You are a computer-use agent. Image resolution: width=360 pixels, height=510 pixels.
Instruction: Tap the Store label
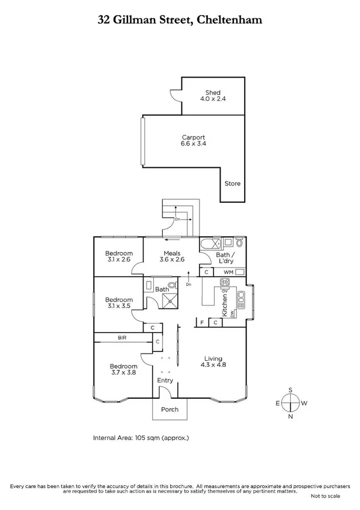[x=232, y=183]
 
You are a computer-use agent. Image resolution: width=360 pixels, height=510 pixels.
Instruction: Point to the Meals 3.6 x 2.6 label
[x=171, y=256]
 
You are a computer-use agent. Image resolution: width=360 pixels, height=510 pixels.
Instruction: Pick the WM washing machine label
[x=228, y=272]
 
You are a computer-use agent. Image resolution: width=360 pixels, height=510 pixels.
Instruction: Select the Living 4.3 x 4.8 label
[x=213, y=360]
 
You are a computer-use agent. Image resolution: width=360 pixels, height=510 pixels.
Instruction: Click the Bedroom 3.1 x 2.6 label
[x=118, y=256]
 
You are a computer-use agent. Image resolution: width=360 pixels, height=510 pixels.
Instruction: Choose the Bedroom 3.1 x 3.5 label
[x=118, y=303]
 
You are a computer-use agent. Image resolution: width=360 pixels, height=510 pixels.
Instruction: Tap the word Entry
[x=165, y=380]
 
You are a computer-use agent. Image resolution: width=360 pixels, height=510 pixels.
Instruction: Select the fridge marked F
[x=202, y=323]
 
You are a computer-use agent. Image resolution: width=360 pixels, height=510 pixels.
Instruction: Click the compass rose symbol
[x=290, y=403]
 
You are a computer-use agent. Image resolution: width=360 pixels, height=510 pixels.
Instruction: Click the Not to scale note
[x=325, y=496]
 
